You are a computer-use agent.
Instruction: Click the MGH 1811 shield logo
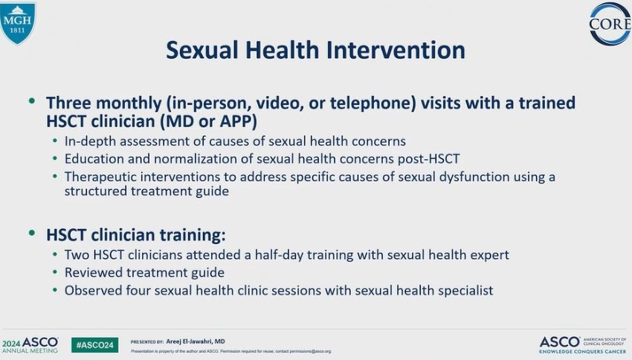click(x=18, y=22)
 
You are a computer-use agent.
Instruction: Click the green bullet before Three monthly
click(x=32, y=101)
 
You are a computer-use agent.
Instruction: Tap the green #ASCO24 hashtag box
click(x=94, y=345)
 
